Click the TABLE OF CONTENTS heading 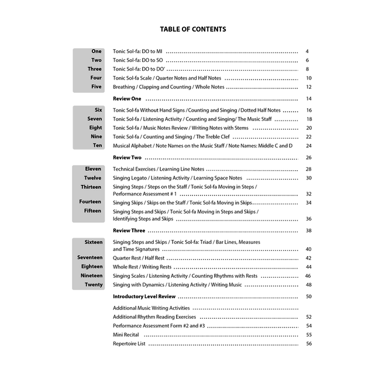click(x=193, y=29)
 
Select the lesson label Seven click(x=95, y=119)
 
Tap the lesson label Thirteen click(x=91, y=187)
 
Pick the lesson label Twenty click(x=94, y=285)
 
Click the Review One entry click(x=127, y=99)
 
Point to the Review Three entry click(x=129, y=231)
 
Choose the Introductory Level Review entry click(x=144, y=297)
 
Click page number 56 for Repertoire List click(x=309, y=344)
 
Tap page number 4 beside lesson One click(x=307, y=51)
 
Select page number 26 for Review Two click(x=309, y=158)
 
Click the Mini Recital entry click(x=126, y=335)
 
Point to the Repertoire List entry click(x=129, y=344)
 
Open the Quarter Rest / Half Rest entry click(x=139, y=258)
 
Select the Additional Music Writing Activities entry click(x=151, y=308)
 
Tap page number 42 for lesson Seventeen click(x=309, y=258)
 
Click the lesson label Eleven click(x=93, y=169)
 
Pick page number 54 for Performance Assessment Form click(x=309, y=326)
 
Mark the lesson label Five click(x=96, y=87)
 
